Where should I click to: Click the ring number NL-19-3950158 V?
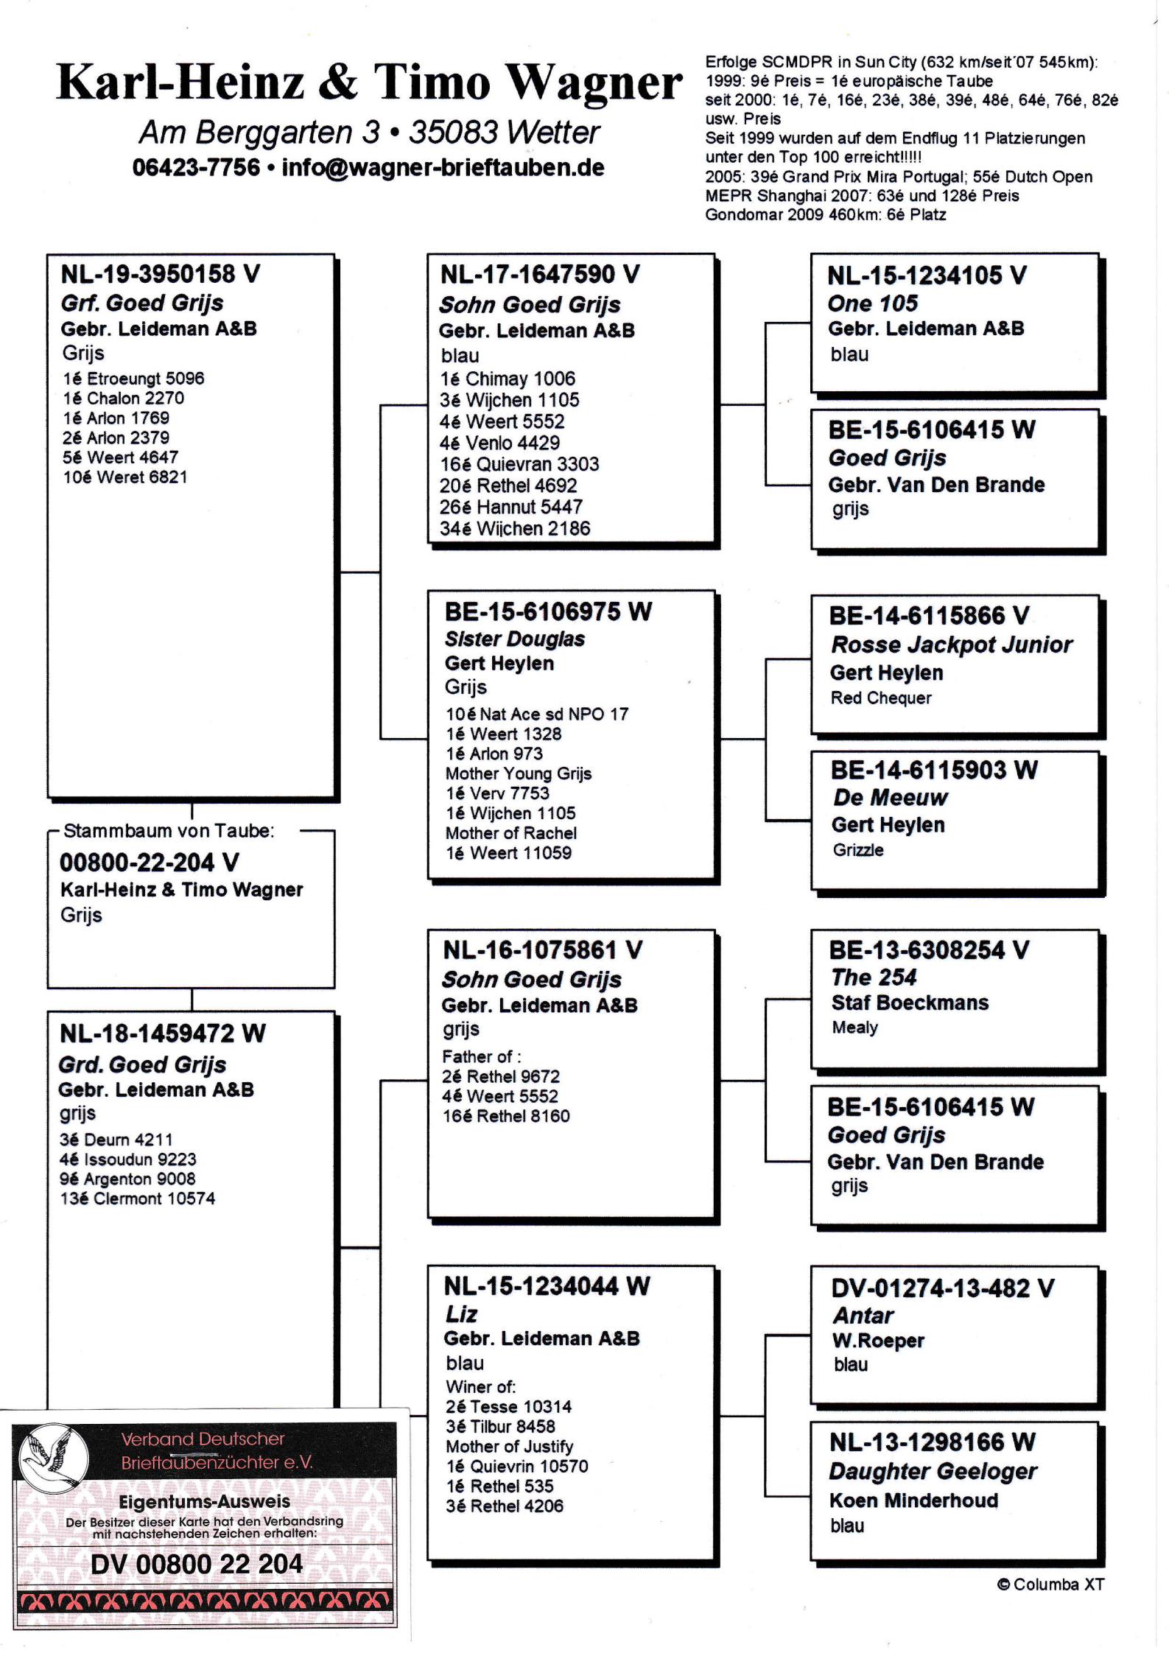pos(160,275)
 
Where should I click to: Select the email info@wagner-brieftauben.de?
pos(443,168)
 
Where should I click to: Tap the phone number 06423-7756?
pos(196,168)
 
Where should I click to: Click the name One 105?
pos(872,303)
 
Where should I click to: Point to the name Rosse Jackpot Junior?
pos(951,645)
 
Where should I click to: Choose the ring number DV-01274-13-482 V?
pos(942,1288)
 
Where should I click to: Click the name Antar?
pos(863,1316)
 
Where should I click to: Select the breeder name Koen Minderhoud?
pos(913,1501)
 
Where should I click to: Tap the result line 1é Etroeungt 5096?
pos(133,379)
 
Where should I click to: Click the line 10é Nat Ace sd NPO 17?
pos(536,714)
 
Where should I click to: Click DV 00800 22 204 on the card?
pos(197,1564)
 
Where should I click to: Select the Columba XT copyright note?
pos(1050,1584)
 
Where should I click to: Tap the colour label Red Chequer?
pos(881,698)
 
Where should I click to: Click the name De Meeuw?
pos(890,798)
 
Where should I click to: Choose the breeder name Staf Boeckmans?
pos(910,1003)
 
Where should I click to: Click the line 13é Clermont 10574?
pos(137,1198)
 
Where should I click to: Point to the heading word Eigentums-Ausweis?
pos(204,1501)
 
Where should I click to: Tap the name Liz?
pos(461,1314)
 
